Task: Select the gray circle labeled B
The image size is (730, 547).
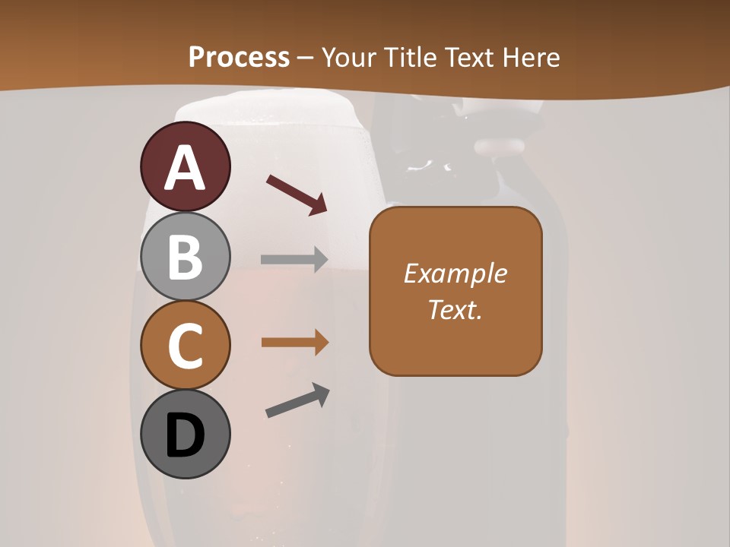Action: (185, 256)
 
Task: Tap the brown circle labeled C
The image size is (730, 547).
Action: (185, 346)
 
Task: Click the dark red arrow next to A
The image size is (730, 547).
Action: (297, 194)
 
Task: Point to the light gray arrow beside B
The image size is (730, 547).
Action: (294, 259)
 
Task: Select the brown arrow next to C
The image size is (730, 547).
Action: (294, 343)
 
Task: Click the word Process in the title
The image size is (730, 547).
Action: (239, 57)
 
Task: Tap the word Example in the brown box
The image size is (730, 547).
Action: (455, 273)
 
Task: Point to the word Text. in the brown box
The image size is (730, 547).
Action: (455, 309)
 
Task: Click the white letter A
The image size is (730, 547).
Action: (185, 168)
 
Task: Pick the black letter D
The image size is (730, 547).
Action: (185, 436)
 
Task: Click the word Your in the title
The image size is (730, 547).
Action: (351, 57)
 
